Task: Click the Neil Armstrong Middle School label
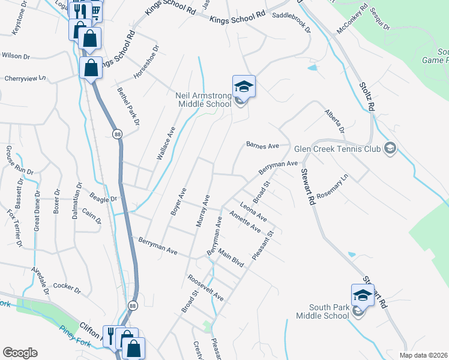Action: tap(203, 100)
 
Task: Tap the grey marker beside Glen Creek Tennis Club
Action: tap(390, 148)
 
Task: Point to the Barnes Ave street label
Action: tap(263, 145)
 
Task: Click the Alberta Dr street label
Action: tap(335, 121)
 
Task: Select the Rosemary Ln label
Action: tap(337, 184)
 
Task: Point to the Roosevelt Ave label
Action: tap(205, 289)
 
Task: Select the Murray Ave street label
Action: tap(202, 210)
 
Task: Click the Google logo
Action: tap(20, 352)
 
